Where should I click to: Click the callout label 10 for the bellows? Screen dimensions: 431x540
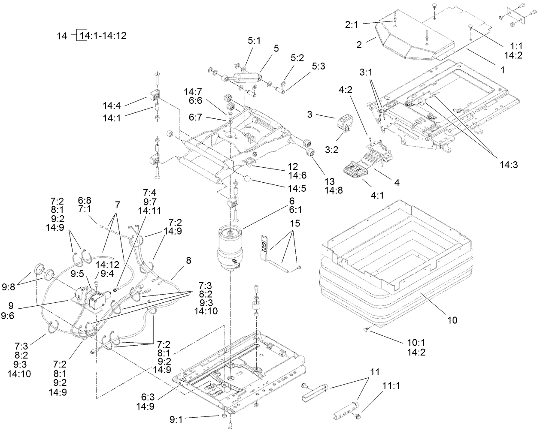452,320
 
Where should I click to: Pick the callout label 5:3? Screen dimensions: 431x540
319,66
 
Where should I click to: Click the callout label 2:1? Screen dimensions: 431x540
352,25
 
